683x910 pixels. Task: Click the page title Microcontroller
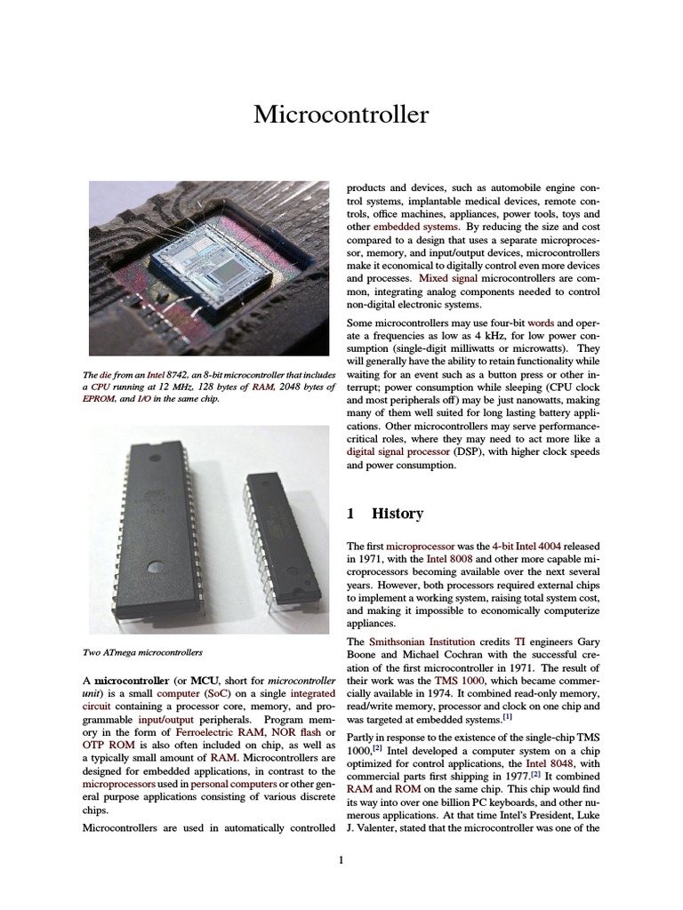[341, 115]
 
